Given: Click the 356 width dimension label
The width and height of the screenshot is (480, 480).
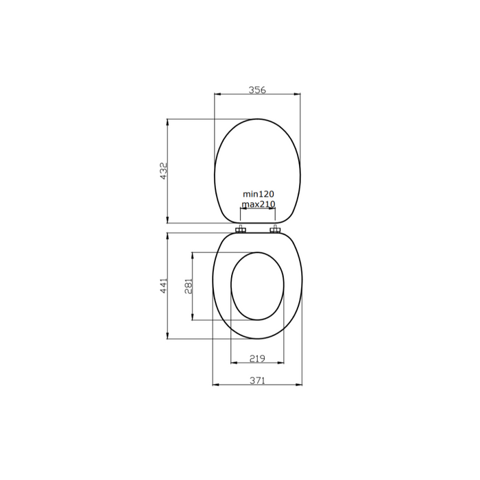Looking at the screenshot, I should pyautogui.click(x=257, y=89).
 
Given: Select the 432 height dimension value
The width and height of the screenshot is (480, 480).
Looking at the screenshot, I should pyautogui.click(x=163, y=171).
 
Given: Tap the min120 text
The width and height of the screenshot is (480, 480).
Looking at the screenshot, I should pyautogui.click(x=258, y=195).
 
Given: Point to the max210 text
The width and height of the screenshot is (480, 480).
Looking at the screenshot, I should pyautogui.click(x=258, y=204).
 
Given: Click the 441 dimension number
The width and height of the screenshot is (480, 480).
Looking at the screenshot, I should pyautogui.click(x=163, y=286).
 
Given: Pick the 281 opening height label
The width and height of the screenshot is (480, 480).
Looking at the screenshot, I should pyautogui.click(x=189, y=286).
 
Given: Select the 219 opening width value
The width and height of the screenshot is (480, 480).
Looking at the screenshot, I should pyautogui.click(x=257, y=358).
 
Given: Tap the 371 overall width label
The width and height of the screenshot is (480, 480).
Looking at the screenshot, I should pyautogui.click(x=257, y=380).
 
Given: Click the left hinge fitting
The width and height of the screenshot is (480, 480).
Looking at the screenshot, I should pyautogui.click(x=241, y=229).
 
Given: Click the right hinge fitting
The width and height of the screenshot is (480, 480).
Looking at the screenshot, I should pyautogui.click(x=275, y=229).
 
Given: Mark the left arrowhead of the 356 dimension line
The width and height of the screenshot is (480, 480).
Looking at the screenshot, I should pyautogui.click(x=217, y=95).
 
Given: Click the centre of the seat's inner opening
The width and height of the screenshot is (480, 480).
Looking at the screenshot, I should pyautogui.click(x=257, y=286).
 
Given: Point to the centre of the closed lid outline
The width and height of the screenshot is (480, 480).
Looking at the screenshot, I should pyautogui.click(x=257, y=171).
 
